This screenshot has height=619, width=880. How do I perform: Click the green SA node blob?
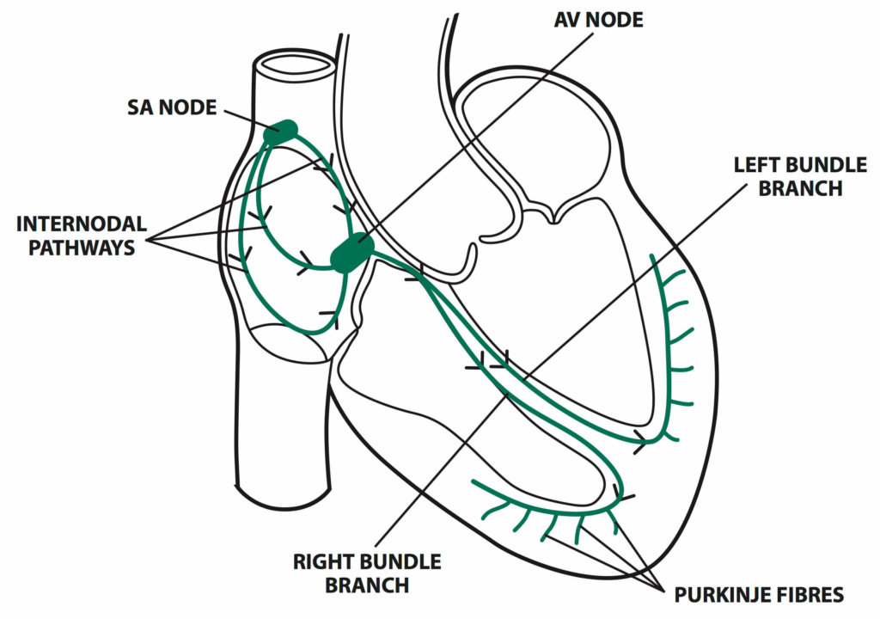(281, 132)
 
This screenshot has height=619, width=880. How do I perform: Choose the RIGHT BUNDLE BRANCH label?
(367, 574)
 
